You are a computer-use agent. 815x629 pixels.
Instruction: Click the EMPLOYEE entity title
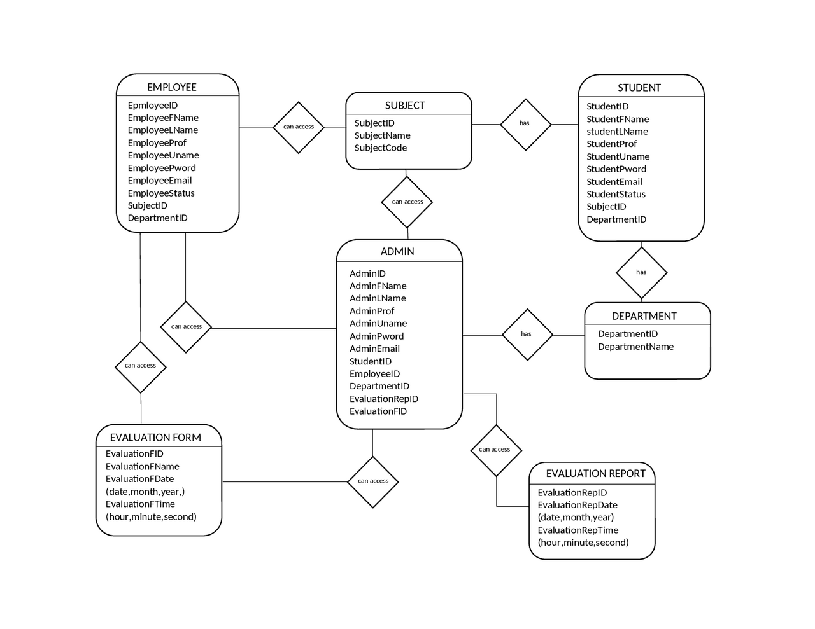[171, 87]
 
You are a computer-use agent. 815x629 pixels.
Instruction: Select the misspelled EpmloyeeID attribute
[153, 106]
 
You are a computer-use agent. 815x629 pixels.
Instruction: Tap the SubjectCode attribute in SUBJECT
[380, 148]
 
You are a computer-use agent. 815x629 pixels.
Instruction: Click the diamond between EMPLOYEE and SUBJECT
[299, 127]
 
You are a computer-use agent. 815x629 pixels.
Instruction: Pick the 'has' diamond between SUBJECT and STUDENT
[525, 124]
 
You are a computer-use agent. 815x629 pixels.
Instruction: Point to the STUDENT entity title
[639, 88]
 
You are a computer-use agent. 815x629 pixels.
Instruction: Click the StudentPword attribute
[616, 169]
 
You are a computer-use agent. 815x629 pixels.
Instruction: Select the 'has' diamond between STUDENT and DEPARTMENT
[641, 273]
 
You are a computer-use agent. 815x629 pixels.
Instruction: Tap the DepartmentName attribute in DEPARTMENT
[635, 347]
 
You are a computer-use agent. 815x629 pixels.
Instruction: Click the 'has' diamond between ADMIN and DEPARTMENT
[527, 335]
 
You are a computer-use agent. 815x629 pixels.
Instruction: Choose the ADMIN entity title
[397, 251]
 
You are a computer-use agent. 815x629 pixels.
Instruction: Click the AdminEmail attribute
[374, 349]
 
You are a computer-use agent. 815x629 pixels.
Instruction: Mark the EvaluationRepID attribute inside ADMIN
[383, 399]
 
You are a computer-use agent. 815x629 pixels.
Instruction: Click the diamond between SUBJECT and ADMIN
[407, 202]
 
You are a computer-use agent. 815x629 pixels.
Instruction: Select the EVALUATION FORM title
[155, 438]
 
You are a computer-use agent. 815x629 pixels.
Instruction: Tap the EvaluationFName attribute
[142, 466]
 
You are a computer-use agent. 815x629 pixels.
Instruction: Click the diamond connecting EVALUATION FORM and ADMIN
[373, 481]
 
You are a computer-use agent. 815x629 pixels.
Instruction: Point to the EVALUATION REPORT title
[595, 473]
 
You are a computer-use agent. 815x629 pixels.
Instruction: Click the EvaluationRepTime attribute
[578, 530]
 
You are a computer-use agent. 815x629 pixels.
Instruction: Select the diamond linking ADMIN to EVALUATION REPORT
[495, 450]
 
